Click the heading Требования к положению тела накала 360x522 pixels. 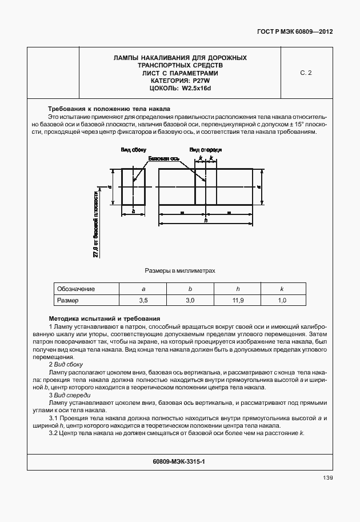click(x=109, y=109)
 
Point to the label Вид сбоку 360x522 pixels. click(x=133, y=150)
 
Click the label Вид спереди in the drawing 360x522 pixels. click(x=206, y=150)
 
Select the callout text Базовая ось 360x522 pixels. click(x=164, y=158)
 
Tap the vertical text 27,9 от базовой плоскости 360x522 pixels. click(x=95, y=224)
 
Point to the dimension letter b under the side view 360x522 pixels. click(x=133, y=211)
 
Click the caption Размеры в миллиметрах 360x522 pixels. click(x=180, y=270)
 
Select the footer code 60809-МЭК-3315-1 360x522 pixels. click(x=179, y=460)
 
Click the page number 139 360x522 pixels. click(x=327, y=478)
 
